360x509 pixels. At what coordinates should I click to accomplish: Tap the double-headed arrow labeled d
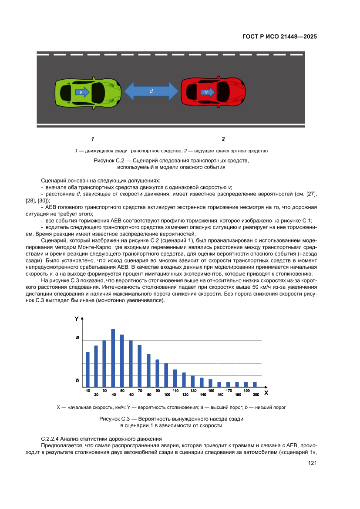151,91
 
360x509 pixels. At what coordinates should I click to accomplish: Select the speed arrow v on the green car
81,92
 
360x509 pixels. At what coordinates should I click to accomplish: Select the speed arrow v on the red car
207,92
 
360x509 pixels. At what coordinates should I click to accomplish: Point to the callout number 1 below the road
93,139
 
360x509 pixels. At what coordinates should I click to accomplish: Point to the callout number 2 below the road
223,139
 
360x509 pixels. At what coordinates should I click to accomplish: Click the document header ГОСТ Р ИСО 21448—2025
279,37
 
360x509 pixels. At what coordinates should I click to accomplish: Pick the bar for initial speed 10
87,368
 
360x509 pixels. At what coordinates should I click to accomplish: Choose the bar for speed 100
166,374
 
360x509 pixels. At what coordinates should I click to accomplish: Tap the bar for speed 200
255,384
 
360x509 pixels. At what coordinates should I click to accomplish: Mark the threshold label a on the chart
77,337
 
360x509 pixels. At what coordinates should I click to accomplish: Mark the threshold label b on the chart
77,380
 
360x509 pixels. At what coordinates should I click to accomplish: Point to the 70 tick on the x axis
140,391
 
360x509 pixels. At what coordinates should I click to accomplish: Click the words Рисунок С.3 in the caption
114,418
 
